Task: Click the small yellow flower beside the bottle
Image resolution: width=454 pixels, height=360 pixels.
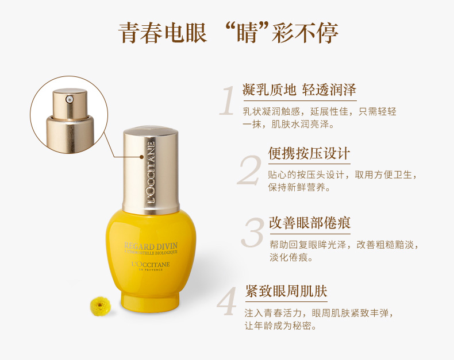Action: pyautogui.click(x=100, y=306)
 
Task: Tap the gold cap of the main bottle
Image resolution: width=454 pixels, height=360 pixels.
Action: pyautogui.click(x=151, y=170)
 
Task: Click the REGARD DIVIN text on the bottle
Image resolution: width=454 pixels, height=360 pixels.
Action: pyautogui.click(x=151, y=246)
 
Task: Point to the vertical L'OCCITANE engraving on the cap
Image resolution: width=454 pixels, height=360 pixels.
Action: pyautogui.click(x=151, y=172)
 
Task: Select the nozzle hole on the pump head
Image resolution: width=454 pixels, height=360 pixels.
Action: pyautogui.click(x=69, y=99)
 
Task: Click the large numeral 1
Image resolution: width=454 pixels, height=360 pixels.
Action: pyautogui.click(x=228, y=100)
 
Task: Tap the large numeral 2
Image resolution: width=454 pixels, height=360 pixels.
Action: pyautogui.click(x=249, y=170)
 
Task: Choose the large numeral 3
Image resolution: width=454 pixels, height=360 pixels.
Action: pyautogui.click(x=252, y=233)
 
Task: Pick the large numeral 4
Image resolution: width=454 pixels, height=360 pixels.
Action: pyautogui.click(x=227, y=301)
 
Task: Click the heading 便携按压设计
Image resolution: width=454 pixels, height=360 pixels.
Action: pyautogui.click(x=309, y=153)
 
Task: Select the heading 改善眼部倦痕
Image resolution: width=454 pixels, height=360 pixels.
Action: pyautogui.click(x=310, y=223)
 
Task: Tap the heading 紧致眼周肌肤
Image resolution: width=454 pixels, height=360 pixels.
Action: pyautogui.click(x=286, y=291)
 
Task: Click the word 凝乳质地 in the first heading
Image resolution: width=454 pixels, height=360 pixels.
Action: pyautogui.click(x=270, y=90)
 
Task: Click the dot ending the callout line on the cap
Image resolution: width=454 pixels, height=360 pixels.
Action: pyautogui.click(x=141, y=157)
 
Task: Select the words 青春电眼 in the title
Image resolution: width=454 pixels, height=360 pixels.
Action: pyautogui.click(x=163, y=33)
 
